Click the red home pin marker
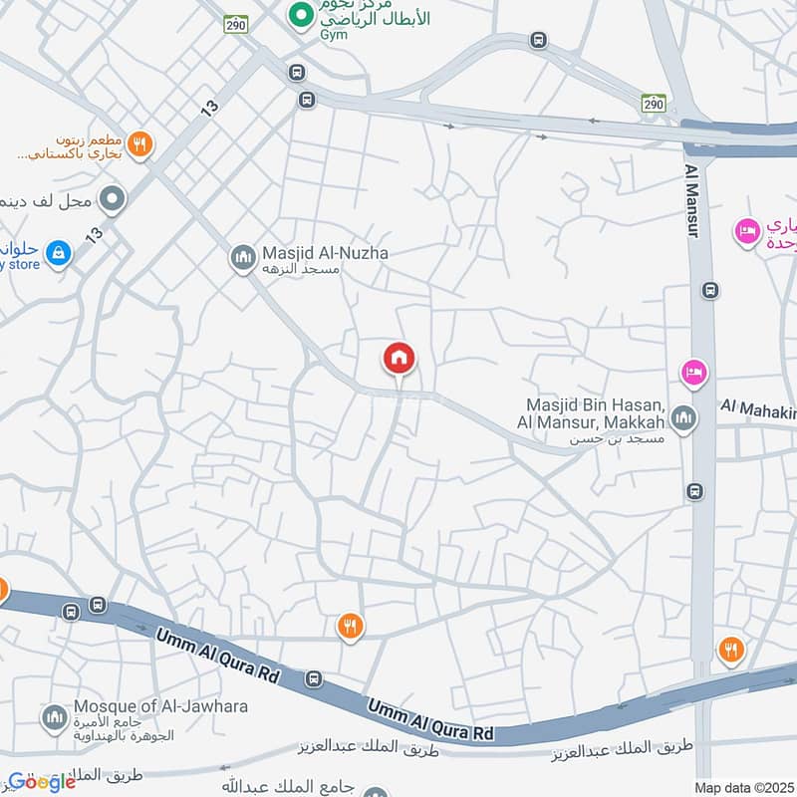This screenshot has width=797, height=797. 399,358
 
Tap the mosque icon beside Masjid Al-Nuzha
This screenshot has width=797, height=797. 242,258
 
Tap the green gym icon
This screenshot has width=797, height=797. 298,16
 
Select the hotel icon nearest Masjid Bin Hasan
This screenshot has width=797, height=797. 694,373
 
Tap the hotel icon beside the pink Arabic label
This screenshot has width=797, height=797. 745,232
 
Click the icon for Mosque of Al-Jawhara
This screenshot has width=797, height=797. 54,716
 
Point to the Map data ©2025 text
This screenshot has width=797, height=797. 743,787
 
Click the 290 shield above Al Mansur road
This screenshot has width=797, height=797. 653,104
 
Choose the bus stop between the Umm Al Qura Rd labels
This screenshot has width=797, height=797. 314,679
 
